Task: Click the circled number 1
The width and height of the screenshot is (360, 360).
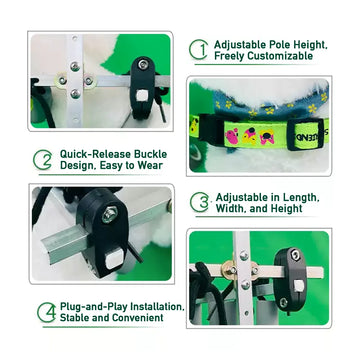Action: (198, 50)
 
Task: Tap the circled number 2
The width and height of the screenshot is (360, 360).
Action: (42, 160)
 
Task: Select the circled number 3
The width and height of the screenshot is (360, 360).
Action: (200, 202)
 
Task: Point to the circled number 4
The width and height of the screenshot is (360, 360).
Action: (47, 312)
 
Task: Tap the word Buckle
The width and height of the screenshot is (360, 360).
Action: (150, 154)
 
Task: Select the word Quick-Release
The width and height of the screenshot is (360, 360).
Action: (95, 154)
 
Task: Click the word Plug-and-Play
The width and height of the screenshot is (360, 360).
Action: (93, 307)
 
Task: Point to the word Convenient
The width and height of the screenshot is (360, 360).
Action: (138, 318)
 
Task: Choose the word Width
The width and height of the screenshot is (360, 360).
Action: (231, 209)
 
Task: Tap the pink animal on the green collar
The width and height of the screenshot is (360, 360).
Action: (232, 136)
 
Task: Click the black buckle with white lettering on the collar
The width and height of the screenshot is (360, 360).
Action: (306, 133)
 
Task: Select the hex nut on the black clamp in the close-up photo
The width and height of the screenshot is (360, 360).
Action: (110, 214)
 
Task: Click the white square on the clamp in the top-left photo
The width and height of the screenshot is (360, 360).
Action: (142, 96)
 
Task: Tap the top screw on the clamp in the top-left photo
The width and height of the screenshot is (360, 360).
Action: (143, 64)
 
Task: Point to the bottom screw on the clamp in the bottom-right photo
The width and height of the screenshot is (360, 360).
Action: (284, 302)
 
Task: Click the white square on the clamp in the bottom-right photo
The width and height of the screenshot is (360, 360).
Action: (299, 285)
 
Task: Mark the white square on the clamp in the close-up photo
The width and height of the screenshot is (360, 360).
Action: (114, 259)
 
